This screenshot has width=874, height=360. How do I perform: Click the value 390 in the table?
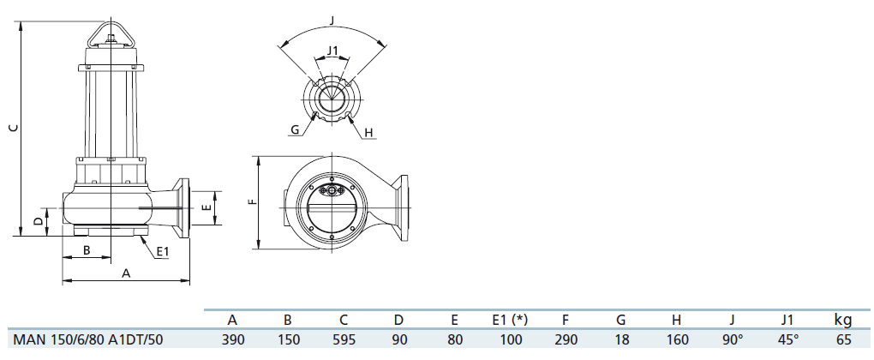click(x=232, y=339)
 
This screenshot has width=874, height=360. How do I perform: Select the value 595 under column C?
click(x=344, y=339)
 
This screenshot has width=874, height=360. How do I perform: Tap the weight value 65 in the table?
click(x=844, y=339)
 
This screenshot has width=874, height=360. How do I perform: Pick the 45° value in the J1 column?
click(x=788, y=339)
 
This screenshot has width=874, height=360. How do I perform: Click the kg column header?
click(x=843, y=321)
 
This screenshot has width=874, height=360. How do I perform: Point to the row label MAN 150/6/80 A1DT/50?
click(x=88, y=339)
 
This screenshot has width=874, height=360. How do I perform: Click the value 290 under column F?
click(x=566, y=339)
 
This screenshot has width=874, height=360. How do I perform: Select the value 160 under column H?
click(x=677, y=339)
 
